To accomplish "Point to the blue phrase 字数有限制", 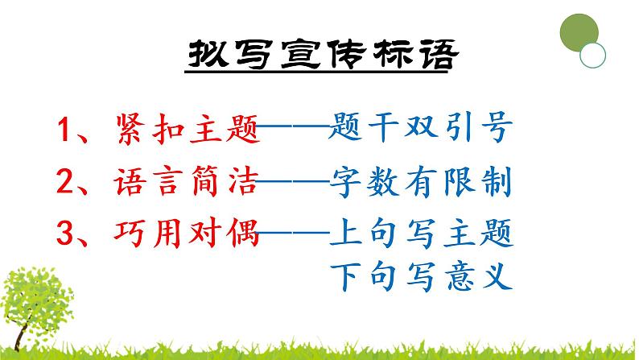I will pos(421,185).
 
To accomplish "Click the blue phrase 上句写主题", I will pos(421,238).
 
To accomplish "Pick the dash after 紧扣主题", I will pos(294,129).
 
